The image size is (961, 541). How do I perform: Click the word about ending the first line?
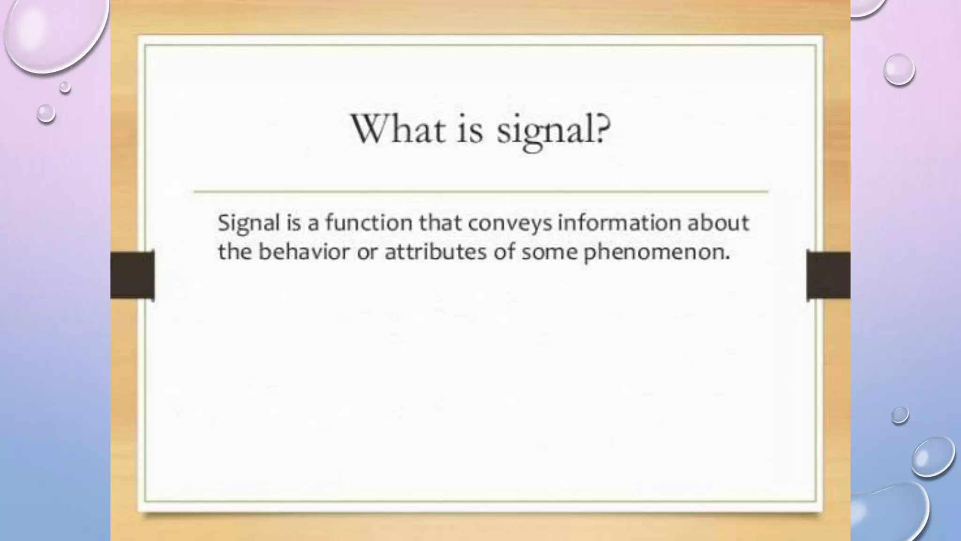point(718,222)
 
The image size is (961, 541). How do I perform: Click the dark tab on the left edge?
point(132,275)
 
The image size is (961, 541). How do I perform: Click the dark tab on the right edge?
point(828,275)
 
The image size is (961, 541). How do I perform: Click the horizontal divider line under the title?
point(480,192)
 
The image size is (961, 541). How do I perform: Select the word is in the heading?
point(469,130)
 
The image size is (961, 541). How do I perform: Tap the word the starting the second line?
point(235,252)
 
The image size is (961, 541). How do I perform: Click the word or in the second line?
point(367,253)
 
